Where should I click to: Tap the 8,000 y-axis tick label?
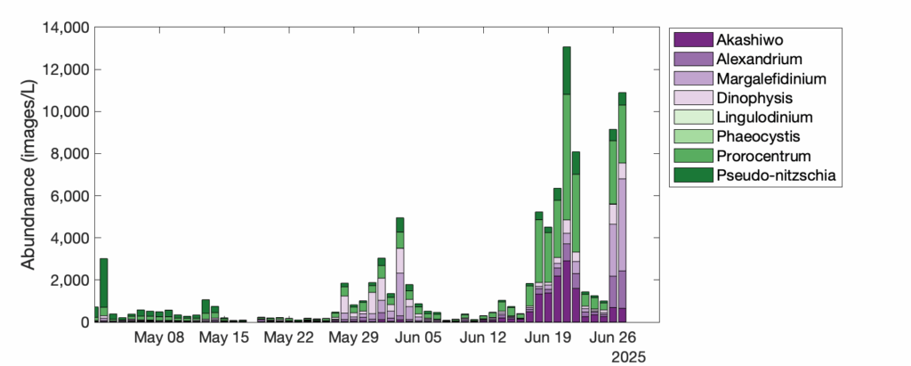coord(67,154)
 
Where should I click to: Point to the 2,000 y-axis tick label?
coord(67,281)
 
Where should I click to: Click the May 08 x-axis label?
coord(158,338)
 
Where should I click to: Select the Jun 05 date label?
coord(417,338)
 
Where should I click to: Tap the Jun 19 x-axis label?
coord(547,338)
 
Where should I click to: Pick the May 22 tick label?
coord(288,338)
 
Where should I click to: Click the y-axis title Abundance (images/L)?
coord(28,174)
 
